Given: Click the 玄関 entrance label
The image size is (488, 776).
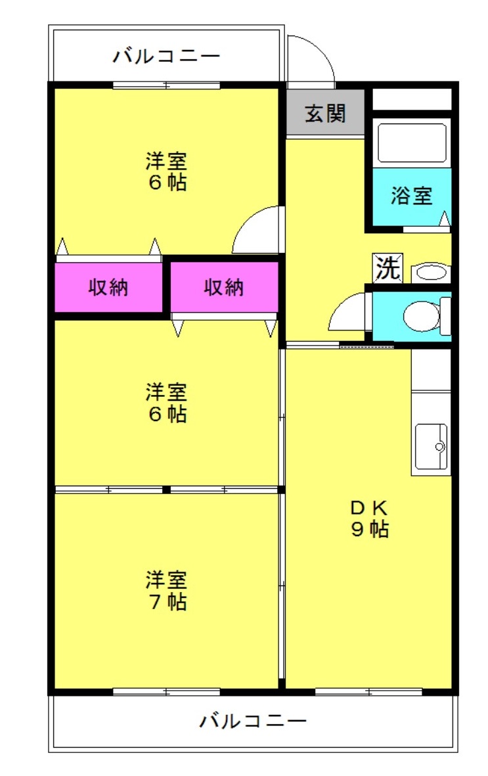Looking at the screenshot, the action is tap(325, 113).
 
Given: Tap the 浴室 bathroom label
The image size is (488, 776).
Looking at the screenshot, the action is tap(411, 196).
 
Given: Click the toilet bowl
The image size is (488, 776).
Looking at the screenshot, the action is tap(422, 316).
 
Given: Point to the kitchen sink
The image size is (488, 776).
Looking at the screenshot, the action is tap(431, 446).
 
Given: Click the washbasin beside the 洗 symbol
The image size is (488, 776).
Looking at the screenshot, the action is tap(431, 273).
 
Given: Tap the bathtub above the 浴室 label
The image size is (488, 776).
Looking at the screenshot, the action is tap(412, 143).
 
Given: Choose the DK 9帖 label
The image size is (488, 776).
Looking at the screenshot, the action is tap(370, 518).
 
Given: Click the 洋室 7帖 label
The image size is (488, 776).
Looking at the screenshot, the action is tap(166, 590).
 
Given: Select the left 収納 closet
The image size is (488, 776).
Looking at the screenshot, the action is tap(108, 287).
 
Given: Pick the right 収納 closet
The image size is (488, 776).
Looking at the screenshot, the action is tap(224, 287).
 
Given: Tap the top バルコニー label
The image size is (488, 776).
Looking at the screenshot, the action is tap(167, 56).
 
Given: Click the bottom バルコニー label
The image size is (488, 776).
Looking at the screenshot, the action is tap(253, 721).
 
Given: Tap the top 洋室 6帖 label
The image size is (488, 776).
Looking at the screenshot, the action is tap(166, 171).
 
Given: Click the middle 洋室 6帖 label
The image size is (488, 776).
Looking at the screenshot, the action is tap(166, 402).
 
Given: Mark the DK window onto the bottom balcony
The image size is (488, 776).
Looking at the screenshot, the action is tap(368, 692).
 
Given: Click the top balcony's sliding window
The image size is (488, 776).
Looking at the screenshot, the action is tap(166, 85).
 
